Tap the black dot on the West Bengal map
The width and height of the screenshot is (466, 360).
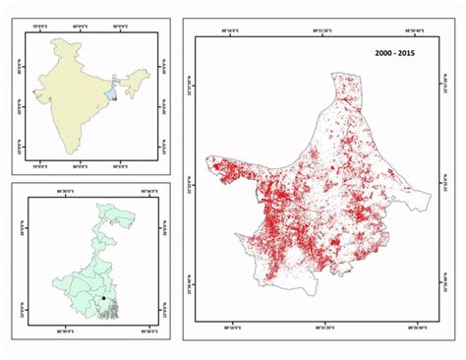point(102,297)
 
